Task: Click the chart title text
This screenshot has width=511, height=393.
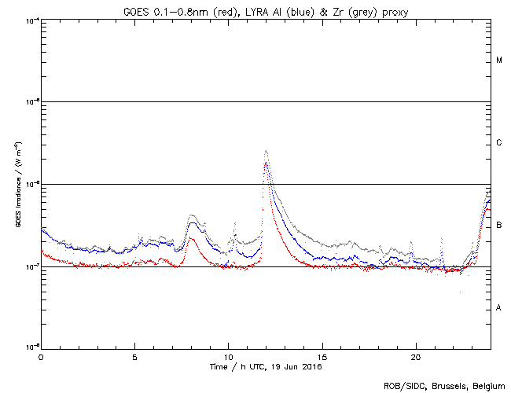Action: click(x=266, y=10)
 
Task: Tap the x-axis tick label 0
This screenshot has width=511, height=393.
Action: click(x=41, y=357)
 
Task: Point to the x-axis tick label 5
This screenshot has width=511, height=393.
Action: click(x=135, y=357)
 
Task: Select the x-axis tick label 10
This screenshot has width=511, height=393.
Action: click(x=228, y=357)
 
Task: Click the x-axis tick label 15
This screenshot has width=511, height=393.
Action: click(x=322, y=357)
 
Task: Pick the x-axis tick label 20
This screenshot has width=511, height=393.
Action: click(x=416, y=357)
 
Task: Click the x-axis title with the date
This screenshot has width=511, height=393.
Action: click(x=266, y=367)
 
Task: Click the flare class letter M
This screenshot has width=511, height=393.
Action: click(x=498, y=61)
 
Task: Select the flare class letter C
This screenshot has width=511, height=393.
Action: click(x=498, y=143)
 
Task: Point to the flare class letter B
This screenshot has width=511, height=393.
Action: click(x=498, y=226)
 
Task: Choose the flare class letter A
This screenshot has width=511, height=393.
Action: click(x=498, y=308)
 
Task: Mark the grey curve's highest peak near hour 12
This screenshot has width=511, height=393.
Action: click(x=267, y=150)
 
